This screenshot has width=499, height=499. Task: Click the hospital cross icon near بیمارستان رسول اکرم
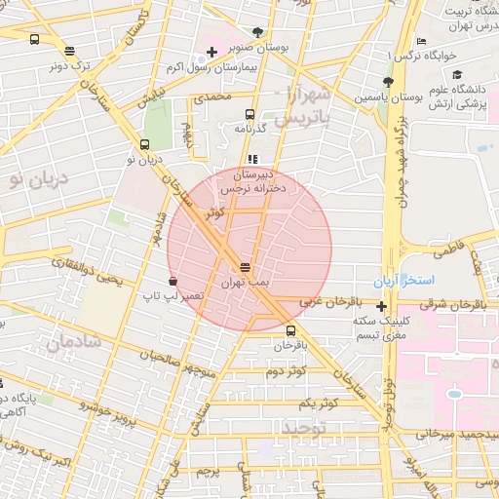[211, 51]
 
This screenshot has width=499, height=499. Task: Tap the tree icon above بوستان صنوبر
[257, 31]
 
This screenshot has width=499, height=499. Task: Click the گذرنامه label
[251, 129]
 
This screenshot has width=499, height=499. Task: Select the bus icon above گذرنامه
[251, 114]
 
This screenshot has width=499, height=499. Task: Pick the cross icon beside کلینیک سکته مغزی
[381, 307]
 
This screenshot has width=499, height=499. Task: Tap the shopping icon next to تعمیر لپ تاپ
[173, 281]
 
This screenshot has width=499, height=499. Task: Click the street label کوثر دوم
[286, 371]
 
